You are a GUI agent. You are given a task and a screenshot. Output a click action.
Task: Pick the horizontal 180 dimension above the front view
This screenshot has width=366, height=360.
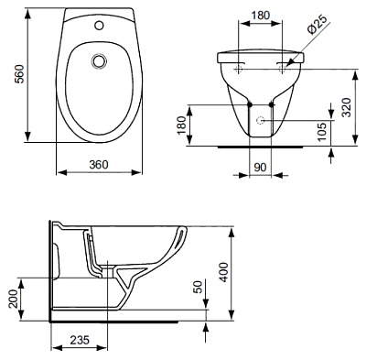point(261,16)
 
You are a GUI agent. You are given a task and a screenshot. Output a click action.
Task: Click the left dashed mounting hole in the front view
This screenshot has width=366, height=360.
point(240,67)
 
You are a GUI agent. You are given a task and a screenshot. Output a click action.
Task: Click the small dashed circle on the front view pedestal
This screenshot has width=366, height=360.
point(261,121)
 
